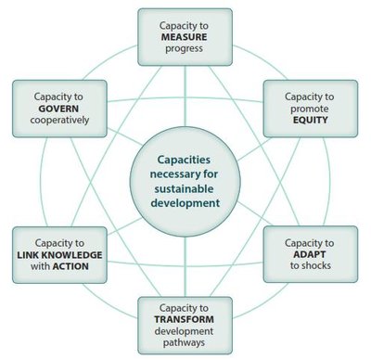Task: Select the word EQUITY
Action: pyautogui.click(x=301, y=120)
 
